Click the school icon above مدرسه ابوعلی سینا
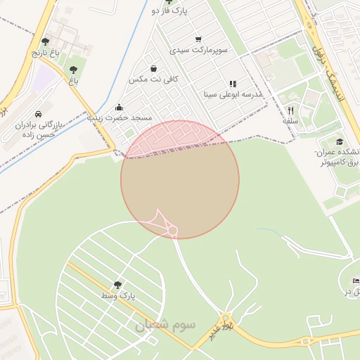pos(233,84)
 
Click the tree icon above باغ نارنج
pos(46,41)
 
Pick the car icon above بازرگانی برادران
pos(38,113)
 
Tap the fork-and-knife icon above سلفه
pos(290,110)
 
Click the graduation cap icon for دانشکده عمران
pos(340,142)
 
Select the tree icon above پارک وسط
pos(117,285)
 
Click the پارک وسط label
pos(116,296)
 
